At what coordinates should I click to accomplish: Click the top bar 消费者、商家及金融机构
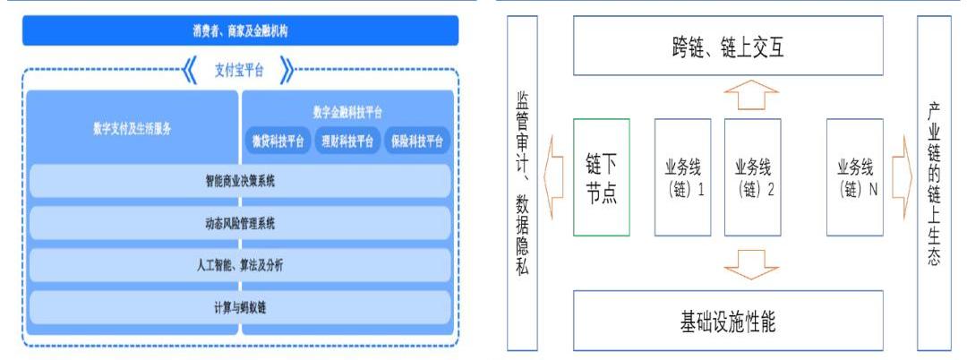point(239,30)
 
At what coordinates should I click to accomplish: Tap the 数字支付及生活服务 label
point(132,127)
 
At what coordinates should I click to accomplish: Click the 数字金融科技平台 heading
point(348,112)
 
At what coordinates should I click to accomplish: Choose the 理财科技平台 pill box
point(347,141)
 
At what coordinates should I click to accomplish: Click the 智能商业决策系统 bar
point(239,181)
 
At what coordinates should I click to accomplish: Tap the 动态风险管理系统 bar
point(239,223)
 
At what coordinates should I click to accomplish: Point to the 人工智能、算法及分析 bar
point(239,265)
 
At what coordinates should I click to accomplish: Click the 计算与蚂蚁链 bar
point(239,307)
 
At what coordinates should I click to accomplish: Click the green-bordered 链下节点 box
point(602,177)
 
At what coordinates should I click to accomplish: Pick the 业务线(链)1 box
point(682,177)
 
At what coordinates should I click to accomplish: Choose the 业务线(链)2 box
point(753,177)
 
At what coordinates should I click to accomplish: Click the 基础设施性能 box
point(727,320)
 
